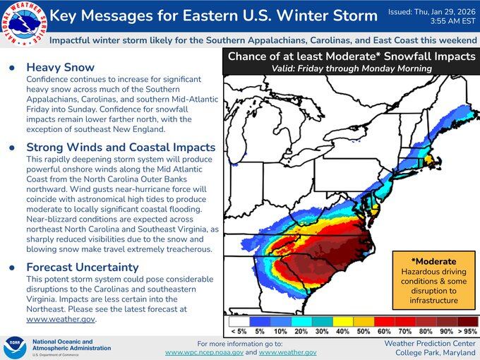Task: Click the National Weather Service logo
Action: pos(23,23)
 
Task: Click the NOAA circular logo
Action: pos(15,346)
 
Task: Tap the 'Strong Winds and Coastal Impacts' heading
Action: pos(121,148)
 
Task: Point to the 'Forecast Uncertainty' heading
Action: pos(83,268)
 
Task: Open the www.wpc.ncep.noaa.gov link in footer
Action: pos(204,352)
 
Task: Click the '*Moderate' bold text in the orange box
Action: pos(430,261)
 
